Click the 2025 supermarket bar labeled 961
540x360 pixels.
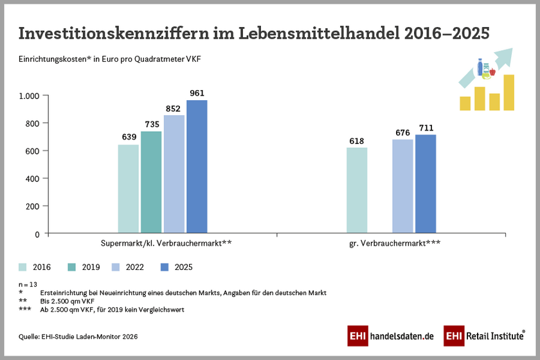197,166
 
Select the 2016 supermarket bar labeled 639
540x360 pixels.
129,189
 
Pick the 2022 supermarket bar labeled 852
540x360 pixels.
174,174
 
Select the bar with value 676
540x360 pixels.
402,186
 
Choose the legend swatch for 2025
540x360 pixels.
163,267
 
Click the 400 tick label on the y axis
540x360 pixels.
33,179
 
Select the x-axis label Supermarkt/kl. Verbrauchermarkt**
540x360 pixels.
166,244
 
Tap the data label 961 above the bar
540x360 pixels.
197,93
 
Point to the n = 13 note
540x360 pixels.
28,283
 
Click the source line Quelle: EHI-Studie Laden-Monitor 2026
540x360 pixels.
78,336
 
